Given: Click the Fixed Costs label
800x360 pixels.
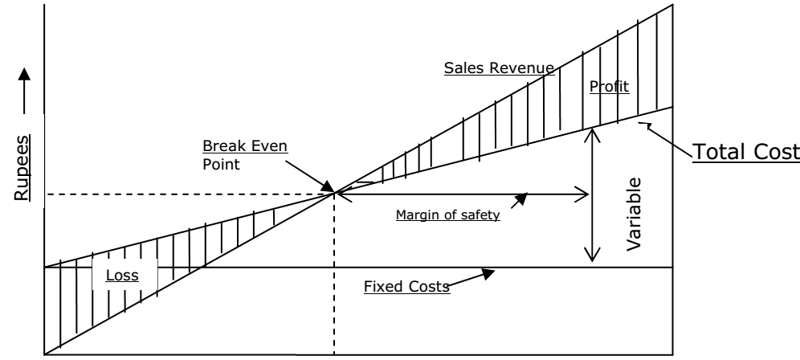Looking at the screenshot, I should coord(404,287).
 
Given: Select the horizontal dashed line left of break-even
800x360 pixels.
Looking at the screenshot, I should coord(185,194).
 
